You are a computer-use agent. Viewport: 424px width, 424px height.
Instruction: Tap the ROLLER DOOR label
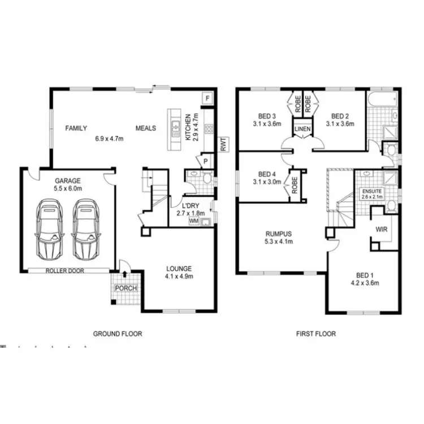coord(65,271)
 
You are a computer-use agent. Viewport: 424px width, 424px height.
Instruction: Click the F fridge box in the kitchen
coord(207,98)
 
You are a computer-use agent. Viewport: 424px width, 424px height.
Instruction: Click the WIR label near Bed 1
coord(381,230)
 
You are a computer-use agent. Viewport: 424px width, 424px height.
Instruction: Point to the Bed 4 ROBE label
coord(295,185)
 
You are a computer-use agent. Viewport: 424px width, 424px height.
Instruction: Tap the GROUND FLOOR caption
coord(118,334)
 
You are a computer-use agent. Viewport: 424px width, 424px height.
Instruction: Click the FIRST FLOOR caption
coord(316,334)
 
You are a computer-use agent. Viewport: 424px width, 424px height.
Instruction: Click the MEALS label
coord(145,128)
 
